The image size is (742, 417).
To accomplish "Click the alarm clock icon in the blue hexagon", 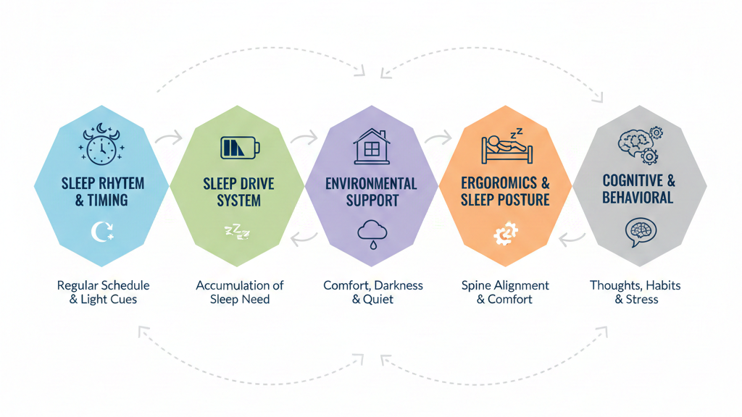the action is coord(101,143).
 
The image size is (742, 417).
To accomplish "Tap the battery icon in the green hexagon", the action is coord(239,148).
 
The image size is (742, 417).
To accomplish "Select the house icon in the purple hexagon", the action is coord(371,146).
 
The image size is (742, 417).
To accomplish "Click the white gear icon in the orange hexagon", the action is coord(504,234).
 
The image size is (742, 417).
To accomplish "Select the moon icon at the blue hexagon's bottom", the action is coord(102,233).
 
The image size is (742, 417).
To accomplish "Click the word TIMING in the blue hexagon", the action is coord(109,200).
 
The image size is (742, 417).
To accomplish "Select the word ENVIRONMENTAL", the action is coord(371,183).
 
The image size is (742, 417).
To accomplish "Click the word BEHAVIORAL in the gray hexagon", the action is coord(638,197).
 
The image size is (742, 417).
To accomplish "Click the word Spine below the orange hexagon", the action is coord(477,285).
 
